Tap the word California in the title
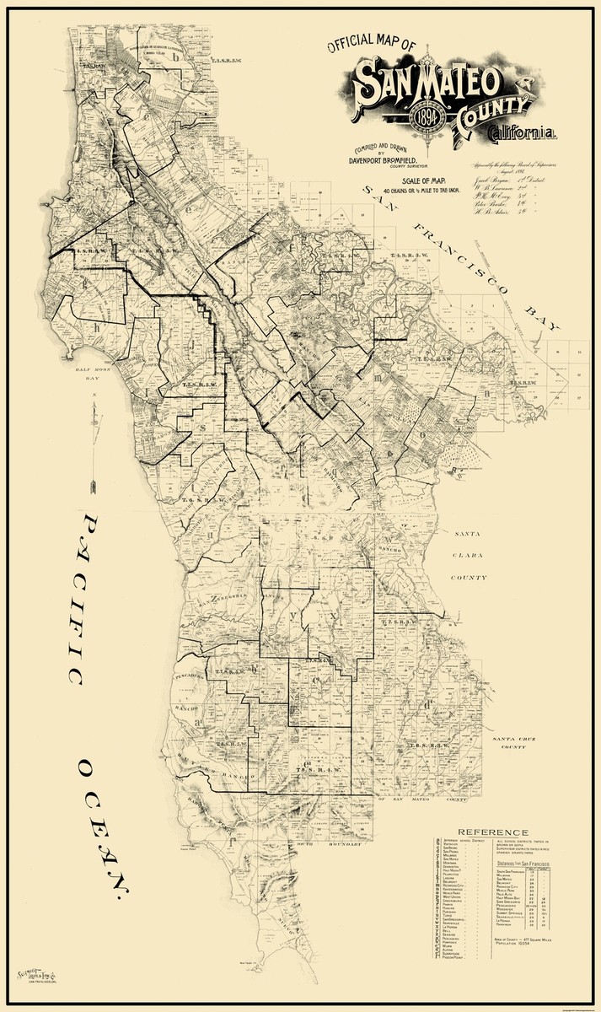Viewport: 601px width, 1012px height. pyautogui.click(x=523, y=133)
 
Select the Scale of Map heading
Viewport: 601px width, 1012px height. pyautogui.click(x=410, y=180)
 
